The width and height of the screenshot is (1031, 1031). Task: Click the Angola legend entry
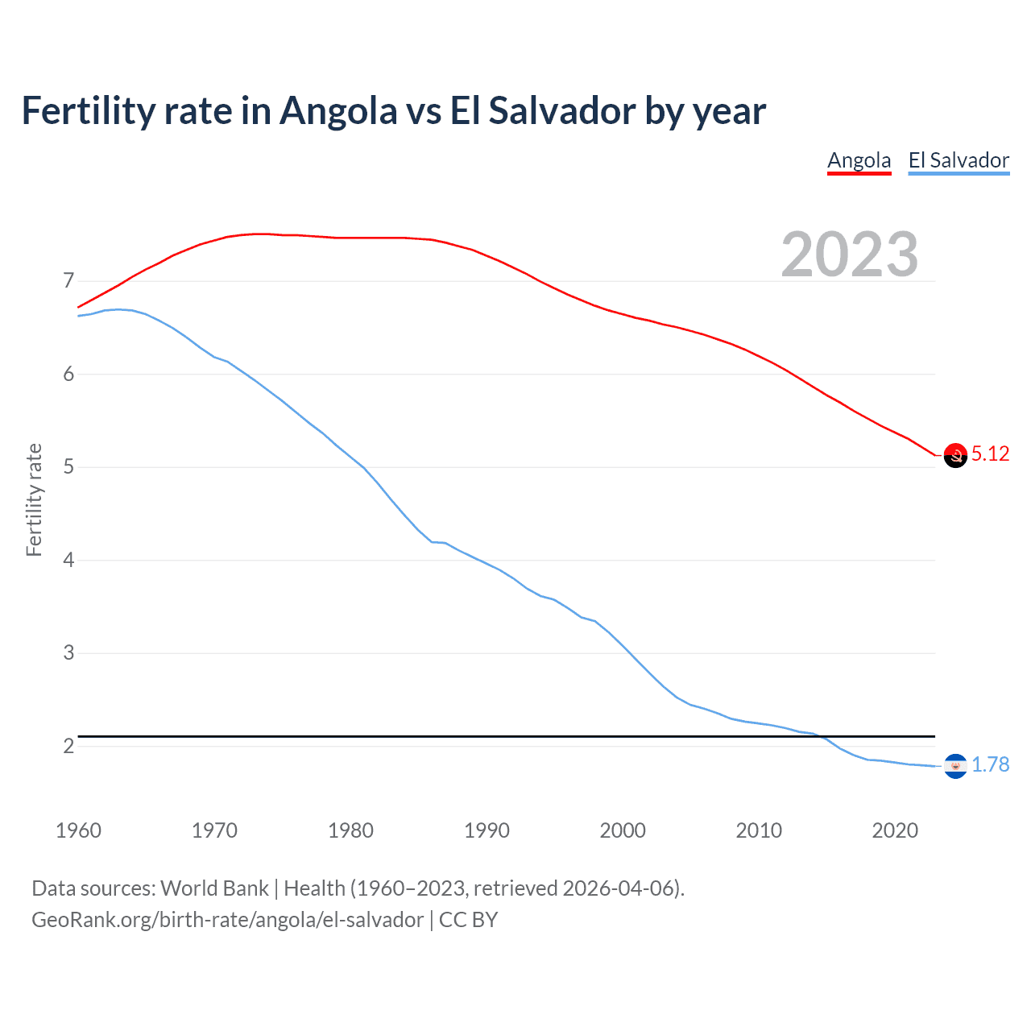[x=859, y=160]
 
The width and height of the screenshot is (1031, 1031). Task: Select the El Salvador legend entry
[x=959, y=160]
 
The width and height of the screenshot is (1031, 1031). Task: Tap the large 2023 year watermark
[x=850, y=255]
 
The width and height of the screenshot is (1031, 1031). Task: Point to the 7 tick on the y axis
[x=68, y=281]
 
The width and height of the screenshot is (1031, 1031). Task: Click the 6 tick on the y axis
[x=68, y=374]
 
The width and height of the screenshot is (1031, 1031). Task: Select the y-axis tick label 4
[x=68, y=560]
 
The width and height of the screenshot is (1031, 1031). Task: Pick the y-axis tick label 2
[x=68, y=746]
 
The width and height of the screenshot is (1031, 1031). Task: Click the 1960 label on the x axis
[x=78, y=830]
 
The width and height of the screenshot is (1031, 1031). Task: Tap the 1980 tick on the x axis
[x=350, y=830]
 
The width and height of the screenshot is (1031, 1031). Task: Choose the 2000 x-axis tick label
[x=623, y=830]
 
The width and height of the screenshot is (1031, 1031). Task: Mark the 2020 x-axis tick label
[x=895, y=830]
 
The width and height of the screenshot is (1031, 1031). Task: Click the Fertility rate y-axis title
[x=34, y=499]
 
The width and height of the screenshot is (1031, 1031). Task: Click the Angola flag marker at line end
[x=955, y=455]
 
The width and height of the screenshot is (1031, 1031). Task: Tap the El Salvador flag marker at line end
[x=955, y=766]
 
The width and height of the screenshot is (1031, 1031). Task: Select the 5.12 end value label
[x=990, y=454]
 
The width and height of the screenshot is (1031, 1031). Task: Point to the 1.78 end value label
[x=990, y=765]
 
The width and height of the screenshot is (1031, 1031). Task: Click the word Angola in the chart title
[x=338, y=111]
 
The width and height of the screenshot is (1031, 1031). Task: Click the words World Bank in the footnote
[x=214, y=888]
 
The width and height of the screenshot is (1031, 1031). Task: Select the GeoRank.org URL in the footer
[x=227, y=920]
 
